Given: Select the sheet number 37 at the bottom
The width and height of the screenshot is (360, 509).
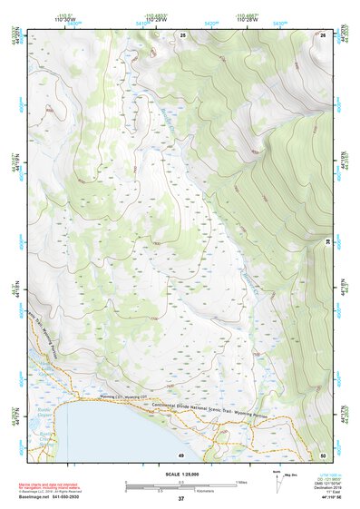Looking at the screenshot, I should coord(180,499).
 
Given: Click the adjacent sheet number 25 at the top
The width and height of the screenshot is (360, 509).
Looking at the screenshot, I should coord(182,34).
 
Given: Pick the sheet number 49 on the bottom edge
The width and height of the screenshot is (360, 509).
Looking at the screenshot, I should coord(181,454).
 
